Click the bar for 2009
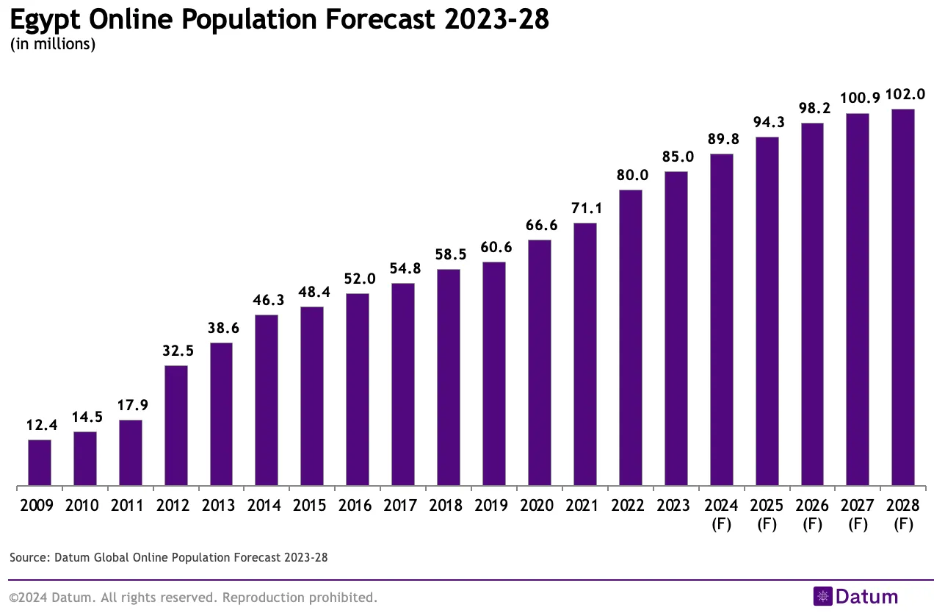pyautogui.click(x=40, y=463)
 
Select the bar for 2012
pyautogui.click(x=176, y=426)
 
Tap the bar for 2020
pyautogui.click(x=540, y=363)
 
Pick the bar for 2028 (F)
pyautogui.click(x=902, y=298)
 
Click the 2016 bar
pyautogui.click(x=358, y=390)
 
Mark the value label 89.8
pyautogui.click(x=721, y=140)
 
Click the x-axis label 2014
pyautogui.click(x=267, y=506)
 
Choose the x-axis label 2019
pyautogui.click(x=493, y=506)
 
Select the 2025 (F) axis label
pyautogui.click(x=767, y=515)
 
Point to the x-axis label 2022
pyautogui.click(x=630, y=506)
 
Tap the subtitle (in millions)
pyautogui.click(x=53, y=45)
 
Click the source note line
pyautogui.click(x=169, y=558)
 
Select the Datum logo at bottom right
pyautogui.click(x=855, y=596)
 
